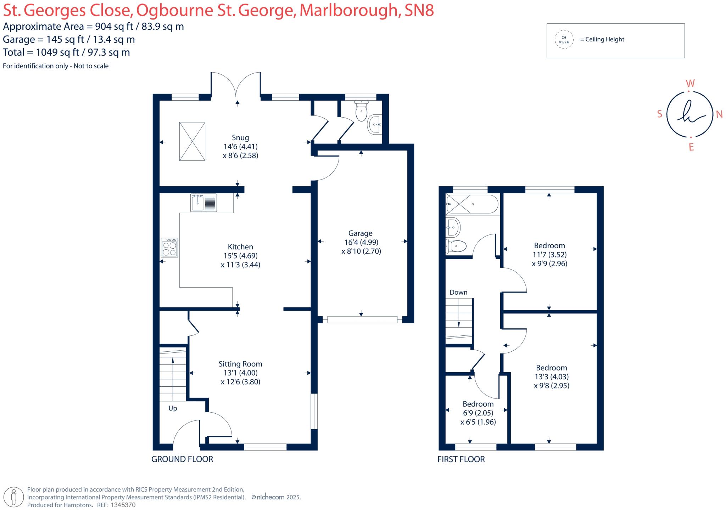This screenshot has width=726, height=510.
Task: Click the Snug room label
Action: tap(240, 138)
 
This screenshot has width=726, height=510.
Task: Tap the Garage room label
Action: tap(360, 233)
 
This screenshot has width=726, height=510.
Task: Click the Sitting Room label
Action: tap(240, 364)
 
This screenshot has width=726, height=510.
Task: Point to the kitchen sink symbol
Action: tap(203, 203)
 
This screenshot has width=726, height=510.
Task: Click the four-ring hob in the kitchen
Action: tap(169, 248)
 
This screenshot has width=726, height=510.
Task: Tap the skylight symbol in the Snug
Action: tap(192, 141)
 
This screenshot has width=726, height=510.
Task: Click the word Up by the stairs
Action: tap(173, 408)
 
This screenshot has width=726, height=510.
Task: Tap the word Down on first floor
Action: tap(458, 293)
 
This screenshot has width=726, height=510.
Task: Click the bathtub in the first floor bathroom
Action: tap(472, 204)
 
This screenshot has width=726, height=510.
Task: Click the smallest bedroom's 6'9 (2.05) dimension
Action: tap(478, 413)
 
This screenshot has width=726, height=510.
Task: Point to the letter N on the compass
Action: tap(719, 114)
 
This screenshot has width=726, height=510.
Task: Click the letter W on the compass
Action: tap(690, 84)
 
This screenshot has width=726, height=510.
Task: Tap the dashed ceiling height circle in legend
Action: tap(564, 40)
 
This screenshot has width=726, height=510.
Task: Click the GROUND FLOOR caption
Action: tap(182, 459)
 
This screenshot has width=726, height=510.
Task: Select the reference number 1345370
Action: tap(123, 505)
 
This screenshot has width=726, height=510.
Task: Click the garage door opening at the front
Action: tap(362, 320)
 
